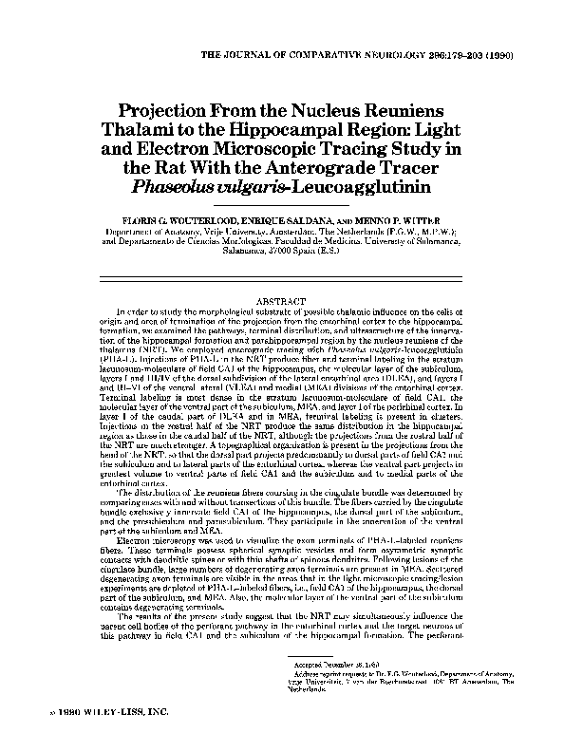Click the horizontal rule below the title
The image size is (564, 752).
pyautogui.click(x=282, y=202)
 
